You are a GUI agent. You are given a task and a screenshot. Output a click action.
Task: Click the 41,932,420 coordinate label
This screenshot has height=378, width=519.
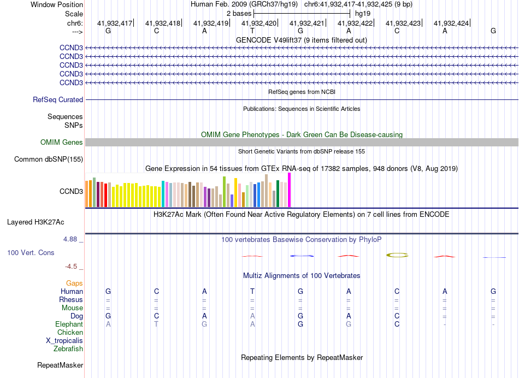point(259,23)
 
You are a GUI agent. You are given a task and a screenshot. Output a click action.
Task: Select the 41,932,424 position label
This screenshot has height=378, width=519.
point(451,23)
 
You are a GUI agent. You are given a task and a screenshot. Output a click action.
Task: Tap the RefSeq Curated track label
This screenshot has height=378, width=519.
point(58,100)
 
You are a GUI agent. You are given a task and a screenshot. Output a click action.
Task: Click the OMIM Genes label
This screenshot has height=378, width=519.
point(62,143)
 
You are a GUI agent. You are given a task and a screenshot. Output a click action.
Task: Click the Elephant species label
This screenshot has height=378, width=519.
point(69,324)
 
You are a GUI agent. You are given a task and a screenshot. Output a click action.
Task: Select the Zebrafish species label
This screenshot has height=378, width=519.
point(68,349)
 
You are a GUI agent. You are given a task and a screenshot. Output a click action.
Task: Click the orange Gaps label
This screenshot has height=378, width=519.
point(74,283)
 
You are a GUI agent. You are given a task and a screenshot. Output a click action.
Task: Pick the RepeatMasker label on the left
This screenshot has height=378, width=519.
point(60,365)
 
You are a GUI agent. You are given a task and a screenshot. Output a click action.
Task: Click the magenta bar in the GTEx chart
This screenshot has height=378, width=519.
point(290,190)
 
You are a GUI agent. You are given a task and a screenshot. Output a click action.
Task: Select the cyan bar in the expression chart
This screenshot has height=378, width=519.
point(163,193)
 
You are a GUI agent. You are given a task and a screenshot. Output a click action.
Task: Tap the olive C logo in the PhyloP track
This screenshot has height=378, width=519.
point(397,255)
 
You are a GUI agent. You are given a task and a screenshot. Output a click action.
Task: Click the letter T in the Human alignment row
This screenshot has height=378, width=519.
point(252,292)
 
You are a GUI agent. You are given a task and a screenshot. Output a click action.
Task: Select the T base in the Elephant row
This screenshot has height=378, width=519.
point(156,324)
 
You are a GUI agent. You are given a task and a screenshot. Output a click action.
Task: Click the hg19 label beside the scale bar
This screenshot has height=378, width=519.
point(363,13)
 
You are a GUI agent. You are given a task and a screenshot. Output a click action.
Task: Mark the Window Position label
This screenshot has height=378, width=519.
point(57,4)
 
